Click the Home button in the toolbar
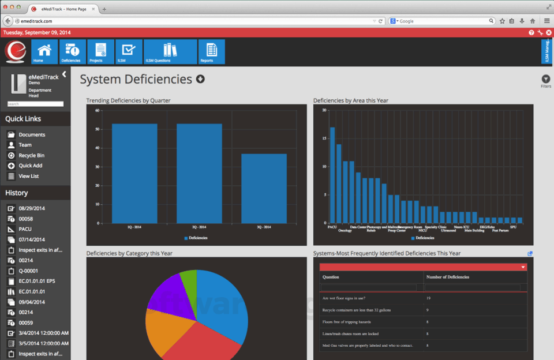[44, 51]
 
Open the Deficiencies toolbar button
[73, 51]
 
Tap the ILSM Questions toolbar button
[170, 51]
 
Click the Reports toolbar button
[211, 51]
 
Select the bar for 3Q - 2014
[264, 188]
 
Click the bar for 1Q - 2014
[134, 173]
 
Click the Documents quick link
[32, 134]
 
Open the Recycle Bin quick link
[31, 155]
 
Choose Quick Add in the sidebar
[30, 166]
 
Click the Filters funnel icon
[545, 79]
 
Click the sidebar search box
[36, 104]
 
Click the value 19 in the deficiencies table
[428, 298]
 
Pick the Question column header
[331, 277]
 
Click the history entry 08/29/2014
[32, 208]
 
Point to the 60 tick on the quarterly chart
[98, 110]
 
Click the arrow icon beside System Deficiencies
[200, 79]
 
